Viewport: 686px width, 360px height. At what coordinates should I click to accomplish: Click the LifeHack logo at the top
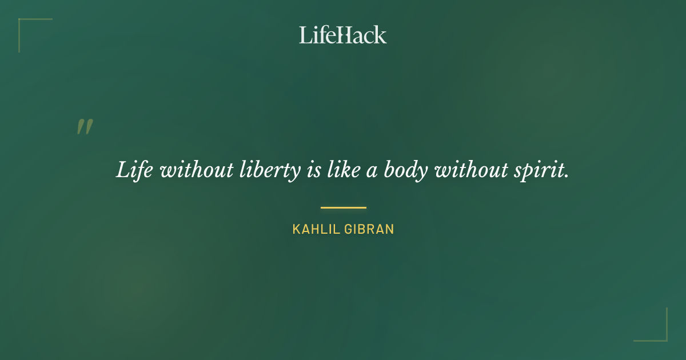point(343,34)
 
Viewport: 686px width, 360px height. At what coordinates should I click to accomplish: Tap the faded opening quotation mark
point(85,127)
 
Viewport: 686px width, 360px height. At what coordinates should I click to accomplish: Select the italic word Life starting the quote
point(134,170)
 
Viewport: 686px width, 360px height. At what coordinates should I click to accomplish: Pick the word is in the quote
point(314,170)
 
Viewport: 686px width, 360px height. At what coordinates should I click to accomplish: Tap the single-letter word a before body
point(372,172)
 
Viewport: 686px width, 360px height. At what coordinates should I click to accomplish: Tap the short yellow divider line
point(343,207)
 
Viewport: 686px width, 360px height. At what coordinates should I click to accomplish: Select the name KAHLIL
point(316,229)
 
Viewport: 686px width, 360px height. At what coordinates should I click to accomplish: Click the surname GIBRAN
point(370,229)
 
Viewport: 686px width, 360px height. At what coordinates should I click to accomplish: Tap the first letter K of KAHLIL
point(296,229)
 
